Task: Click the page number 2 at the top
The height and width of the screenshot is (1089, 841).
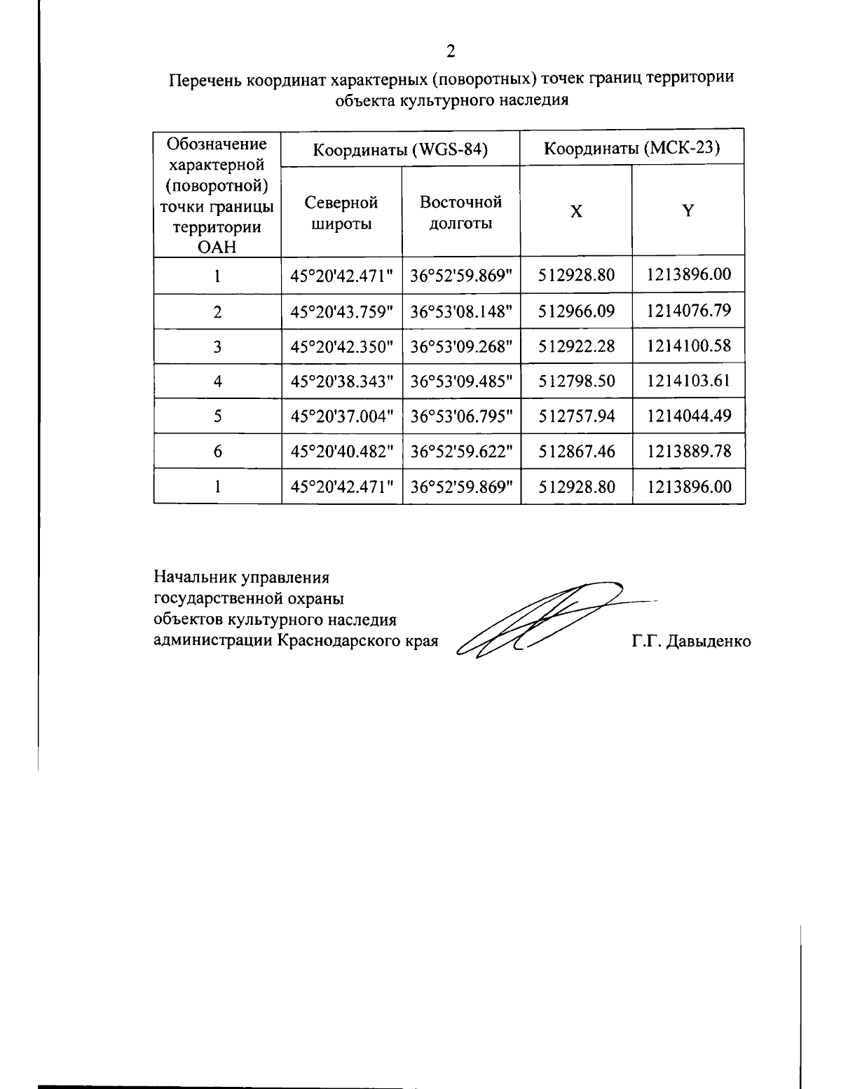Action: coord(451,50)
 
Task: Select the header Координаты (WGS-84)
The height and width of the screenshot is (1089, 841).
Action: coord(399,149)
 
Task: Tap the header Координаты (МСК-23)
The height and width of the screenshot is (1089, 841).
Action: coord(633,149)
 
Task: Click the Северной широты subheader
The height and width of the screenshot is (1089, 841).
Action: coord(341,213)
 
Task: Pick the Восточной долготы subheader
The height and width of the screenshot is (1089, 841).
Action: coord(460,212)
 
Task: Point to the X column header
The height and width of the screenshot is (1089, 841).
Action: coord(575,211)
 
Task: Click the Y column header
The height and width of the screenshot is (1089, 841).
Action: coord(688,210)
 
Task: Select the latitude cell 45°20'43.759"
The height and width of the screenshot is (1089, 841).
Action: coord(342,311)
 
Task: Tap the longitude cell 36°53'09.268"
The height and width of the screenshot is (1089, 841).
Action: coord(461,346)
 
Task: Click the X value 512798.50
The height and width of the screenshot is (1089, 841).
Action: coord(576,381)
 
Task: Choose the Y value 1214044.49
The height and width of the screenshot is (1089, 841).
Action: coord(689,416)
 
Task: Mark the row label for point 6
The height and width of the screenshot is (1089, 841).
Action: coord(218,452)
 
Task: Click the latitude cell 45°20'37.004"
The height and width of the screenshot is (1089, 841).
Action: coord(342,416)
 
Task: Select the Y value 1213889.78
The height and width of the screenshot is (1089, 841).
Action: coord(689,451)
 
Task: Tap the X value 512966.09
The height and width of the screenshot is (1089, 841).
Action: coord(576,311)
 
